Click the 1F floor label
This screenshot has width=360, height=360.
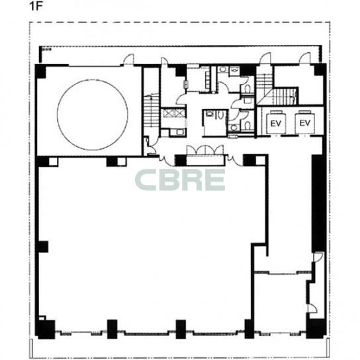pos(36,6)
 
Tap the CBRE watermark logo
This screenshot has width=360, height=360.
pos(180,180)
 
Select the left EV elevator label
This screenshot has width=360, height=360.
pos(276,124)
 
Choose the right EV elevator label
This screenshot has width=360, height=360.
pos(305,123)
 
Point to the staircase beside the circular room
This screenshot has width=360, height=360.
pos(152,111)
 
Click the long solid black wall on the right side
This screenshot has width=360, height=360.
pos(319,203)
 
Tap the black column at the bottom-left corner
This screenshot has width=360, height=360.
pos(46,330)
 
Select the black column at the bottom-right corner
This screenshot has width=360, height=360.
pos(316,328)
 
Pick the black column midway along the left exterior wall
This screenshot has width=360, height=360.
pos(42,247)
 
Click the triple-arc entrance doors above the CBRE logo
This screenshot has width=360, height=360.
pos(205,150)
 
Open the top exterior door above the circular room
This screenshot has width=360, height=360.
pos(128,60)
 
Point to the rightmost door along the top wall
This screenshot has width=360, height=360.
pos(305,58)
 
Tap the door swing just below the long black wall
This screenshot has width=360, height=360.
pos(319,257)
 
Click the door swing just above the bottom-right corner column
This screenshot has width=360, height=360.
pos(312,308)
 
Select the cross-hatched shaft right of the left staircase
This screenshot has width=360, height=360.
pos(173,113)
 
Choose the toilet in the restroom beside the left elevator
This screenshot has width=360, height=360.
pos(247,126)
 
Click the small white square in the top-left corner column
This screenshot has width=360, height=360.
pos(53,161)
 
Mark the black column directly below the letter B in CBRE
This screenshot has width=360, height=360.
pos(181,330)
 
